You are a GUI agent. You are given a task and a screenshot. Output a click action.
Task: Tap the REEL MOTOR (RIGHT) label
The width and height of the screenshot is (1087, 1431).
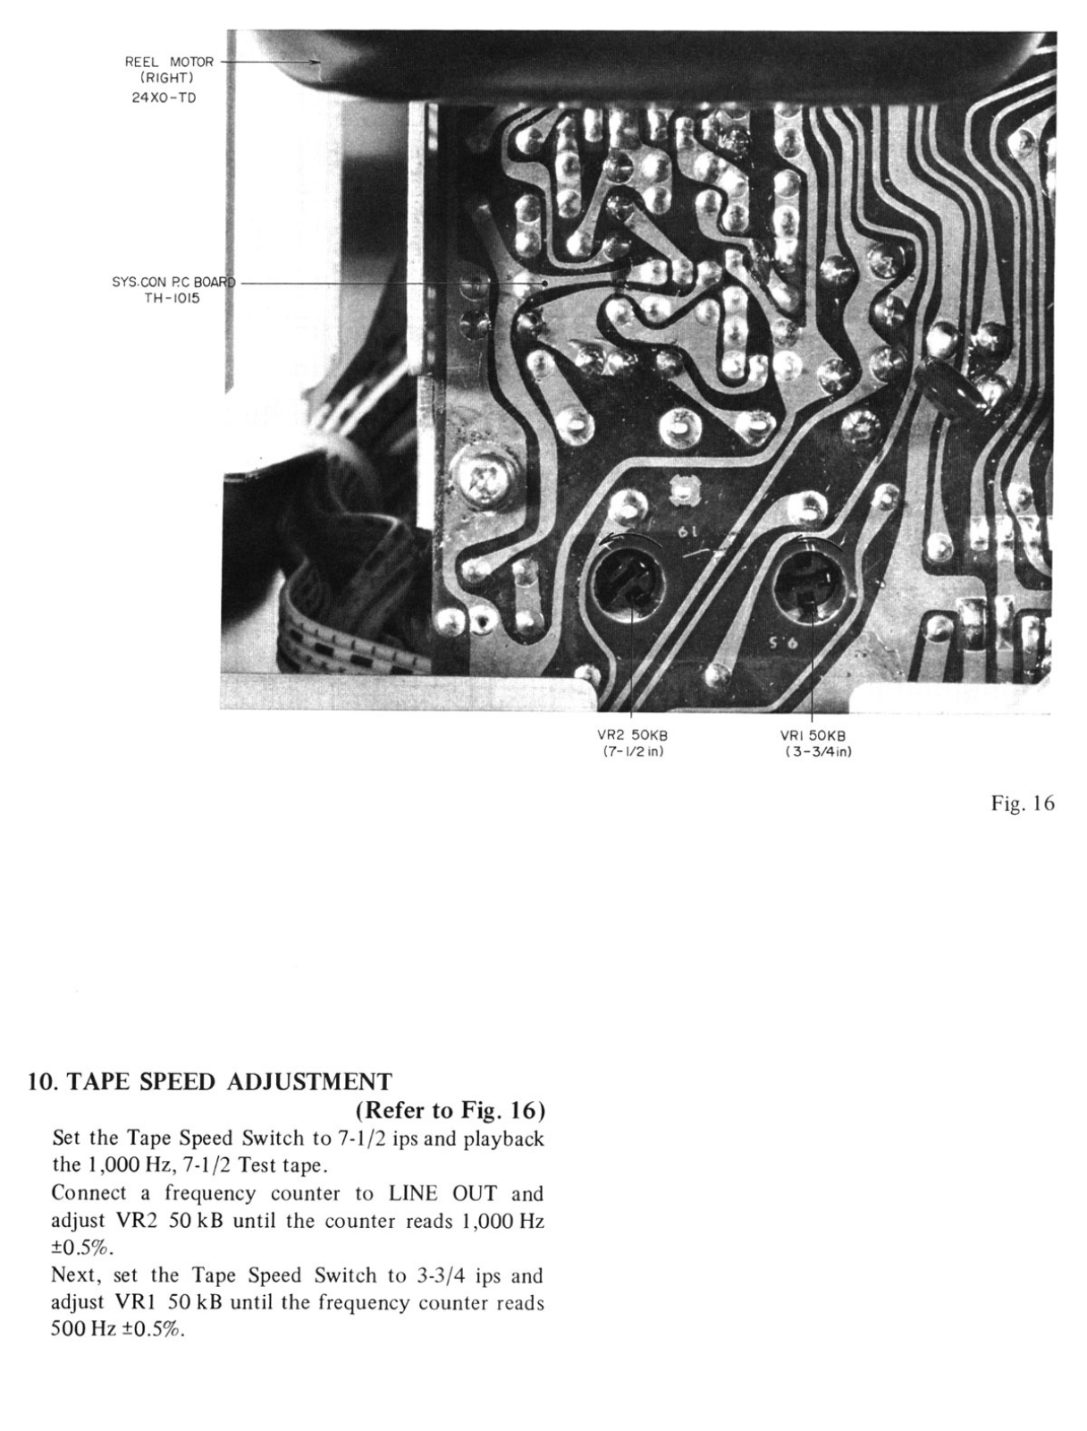[169, 70]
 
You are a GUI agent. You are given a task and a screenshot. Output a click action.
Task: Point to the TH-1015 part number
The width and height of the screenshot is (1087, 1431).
[172, 299]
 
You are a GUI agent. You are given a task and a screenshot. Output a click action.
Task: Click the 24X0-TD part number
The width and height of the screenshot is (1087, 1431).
[163, 98]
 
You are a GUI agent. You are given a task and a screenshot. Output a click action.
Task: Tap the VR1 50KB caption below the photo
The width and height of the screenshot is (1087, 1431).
[813, 735]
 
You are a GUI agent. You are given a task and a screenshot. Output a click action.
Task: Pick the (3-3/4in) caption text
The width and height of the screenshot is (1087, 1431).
[813, 751]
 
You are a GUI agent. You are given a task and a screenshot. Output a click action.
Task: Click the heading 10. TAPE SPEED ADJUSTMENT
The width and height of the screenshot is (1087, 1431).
[210, 1082]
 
